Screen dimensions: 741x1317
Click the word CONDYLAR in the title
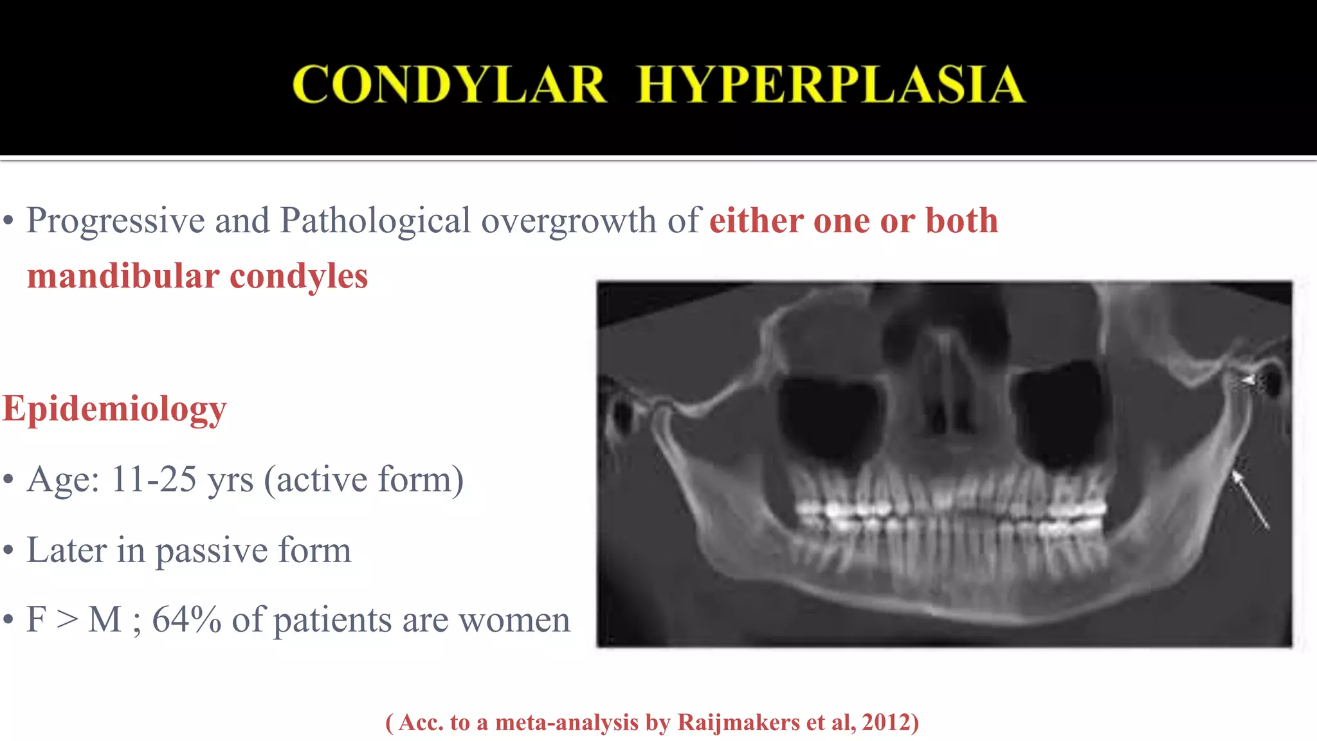click(x=449, y=84)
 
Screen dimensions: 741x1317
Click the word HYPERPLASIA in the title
click(x=830, y=84)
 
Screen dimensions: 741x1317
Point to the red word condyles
click(x=299, y=277)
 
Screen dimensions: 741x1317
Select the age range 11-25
click(x=154, y=479)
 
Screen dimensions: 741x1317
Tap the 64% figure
click(x=186, y=620)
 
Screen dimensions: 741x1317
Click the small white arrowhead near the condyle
click(x=1247, y=381)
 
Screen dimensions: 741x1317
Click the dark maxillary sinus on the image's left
click(x=828, y=418)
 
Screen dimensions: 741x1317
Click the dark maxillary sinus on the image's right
click(x=1060, y=412)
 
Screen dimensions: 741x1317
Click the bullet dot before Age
click(x=8, y=480)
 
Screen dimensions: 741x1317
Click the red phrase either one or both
click(x=853, y=221)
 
